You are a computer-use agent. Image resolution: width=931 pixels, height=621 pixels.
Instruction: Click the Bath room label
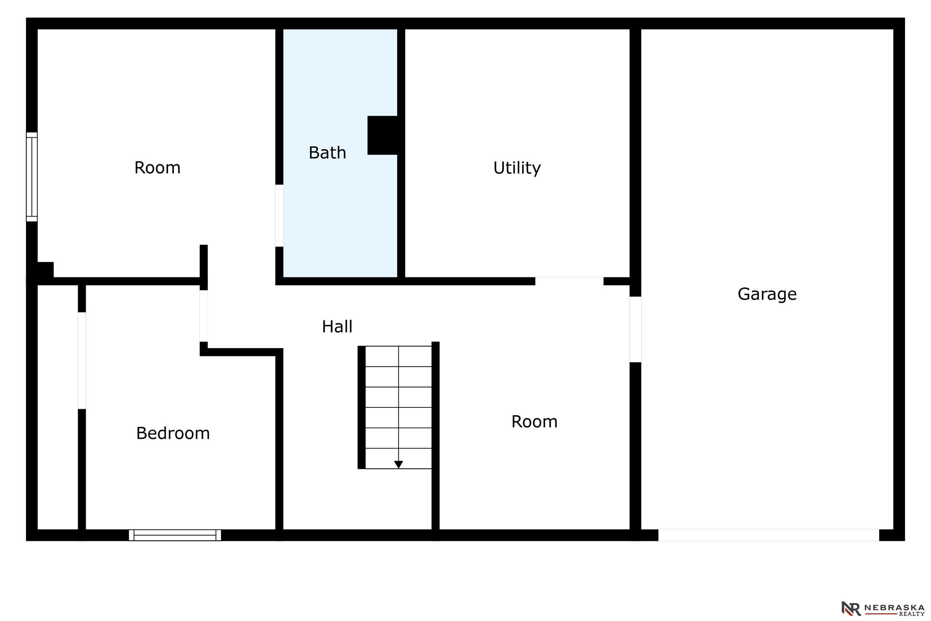[x=327, y=153]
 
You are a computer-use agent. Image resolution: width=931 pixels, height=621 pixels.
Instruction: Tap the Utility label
[x=517, y=168]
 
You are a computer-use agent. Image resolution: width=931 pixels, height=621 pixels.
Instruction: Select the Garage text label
[x=767, y=294]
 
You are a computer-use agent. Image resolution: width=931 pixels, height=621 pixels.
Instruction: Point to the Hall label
[x=337, y=327]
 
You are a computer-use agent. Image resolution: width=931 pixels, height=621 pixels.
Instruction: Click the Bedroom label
[x=173, y=433]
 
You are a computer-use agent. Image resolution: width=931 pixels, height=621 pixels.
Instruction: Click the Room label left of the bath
[x=157, y=168]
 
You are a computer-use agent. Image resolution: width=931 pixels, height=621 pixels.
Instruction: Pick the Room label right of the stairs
[x=534, y=422]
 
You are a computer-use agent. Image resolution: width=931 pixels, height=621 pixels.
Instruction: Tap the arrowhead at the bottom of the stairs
[x=398, y=465]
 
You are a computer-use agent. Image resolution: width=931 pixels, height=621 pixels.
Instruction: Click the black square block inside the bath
[x=383, y=135]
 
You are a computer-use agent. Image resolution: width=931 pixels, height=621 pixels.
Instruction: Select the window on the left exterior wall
[x=32, y=177]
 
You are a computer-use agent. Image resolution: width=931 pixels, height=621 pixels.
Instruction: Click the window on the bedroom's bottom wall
[x=175, y=535]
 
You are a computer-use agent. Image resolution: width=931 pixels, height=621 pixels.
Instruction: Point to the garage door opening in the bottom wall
[x=768, y=535]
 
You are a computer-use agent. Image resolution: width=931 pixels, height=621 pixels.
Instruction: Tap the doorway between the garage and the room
[x=635, y=330]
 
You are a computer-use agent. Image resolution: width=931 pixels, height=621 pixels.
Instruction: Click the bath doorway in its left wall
[x=279, y=215]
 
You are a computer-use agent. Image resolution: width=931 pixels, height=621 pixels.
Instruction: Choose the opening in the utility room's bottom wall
[x=569, y=281]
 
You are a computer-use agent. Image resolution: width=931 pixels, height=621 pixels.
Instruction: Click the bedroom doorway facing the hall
[x=204, y=316]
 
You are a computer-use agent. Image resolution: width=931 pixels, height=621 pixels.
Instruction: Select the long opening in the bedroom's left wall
[x=82, y=361]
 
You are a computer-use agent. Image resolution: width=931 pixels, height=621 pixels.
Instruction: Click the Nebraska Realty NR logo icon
[x=851, y=608]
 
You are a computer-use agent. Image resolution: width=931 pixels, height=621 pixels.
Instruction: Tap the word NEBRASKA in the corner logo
[x=894, y=607]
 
